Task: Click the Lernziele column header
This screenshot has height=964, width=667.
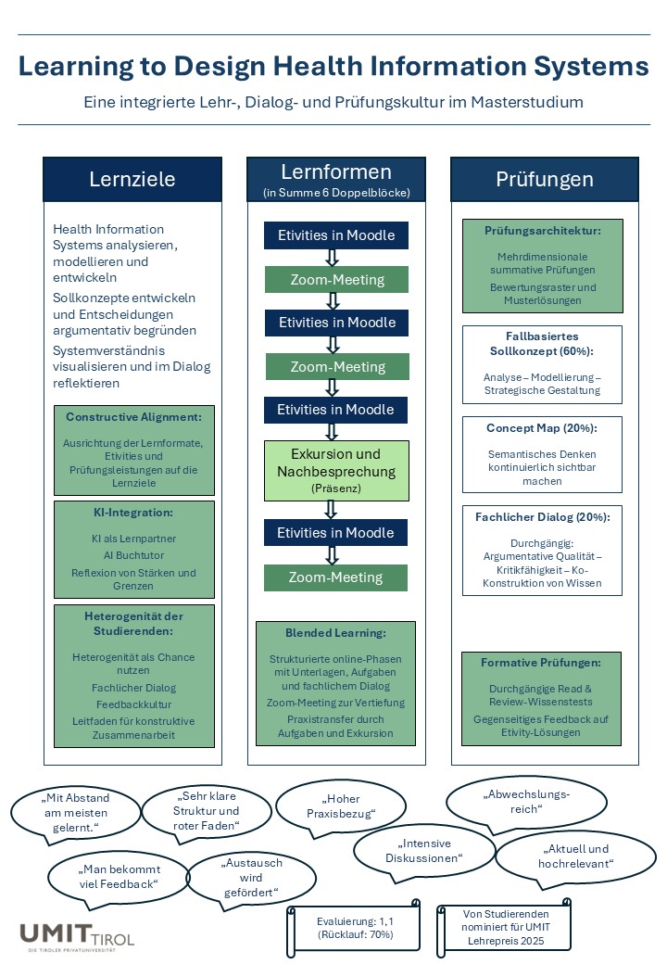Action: coord(132,179)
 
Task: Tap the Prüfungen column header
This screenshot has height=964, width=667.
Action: coord(544,179)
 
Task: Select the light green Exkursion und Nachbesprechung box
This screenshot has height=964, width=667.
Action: coord(336,470)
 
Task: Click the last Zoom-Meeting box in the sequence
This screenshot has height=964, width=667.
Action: coord(336,577)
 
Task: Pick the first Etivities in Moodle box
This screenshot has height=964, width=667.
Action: coord(336,235)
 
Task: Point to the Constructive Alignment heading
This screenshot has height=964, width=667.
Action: coord(134,417)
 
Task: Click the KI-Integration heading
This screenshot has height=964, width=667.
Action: coord(133,512)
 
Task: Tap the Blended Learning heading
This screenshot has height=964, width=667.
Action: coord(335,632)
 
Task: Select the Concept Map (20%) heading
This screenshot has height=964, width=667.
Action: coord(542,428)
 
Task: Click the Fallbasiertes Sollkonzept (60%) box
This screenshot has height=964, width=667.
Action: coord(542,364)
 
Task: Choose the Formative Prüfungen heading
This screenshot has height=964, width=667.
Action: coord(541,663)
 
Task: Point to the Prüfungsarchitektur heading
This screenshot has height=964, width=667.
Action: coord(543,231)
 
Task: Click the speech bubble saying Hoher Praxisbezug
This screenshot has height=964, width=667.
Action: coord(341,806)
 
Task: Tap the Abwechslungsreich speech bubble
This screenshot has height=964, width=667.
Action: coord(526,802)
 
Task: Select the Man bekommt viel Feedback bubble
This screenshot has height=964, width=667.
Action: coord(118,877)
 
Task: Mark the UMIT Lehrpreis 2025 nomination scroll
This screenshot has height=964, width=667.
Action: coord(505,927)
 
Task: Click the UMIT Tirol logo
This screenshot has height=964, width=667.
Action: coord(77,937)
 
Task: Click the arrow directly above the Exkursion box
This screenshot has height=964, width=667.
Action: coord(332,432)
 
